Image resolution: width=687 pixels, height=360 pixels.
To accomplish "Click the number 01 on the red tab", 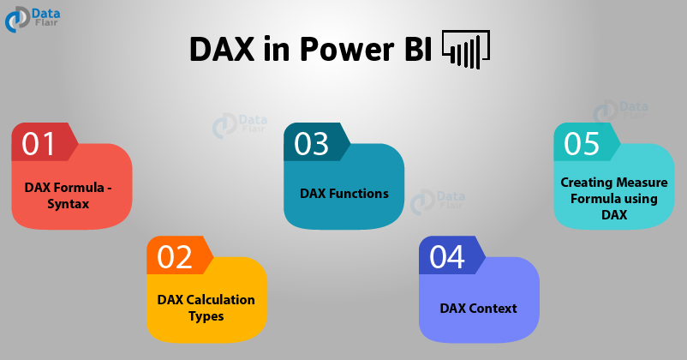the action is click(x=38, y=144).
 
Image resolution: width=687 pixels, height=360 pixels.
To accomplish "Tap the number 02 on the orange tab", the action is click(x=175, y=257).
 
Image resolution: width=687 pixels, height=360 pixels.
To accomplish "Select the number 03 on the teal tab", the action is click(x=311, y=144).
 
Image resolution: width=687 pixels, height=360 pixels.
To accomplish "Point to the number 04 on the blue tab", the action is click(x=446, y=257).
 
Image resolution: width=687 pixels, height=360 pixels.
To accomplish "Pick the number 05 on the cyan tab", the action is click(x=582, y=144).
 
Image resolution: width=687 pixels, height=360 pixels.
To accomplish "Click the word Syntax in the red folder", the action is click(x=69, y=204).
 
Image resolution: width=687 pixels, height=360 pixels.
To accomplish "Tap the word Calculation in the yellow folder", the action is click(x=220, y=299).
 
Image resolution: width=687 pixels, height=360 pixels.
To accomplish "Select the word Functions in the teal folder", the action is click(x=359, y=194).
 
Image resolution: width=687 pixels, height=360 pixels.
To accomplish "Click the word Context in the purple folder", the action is click(x=493, y=309).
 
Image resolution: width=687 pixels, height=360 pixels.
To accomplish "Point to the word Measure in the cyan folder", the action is click(x=642, y=182).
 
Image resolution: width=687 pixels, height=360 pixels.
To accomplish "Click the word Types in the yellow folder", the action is click(x=206, y=316).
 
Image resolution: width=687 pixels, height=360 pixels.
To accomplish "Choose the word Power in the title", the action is click(x=347, y=49).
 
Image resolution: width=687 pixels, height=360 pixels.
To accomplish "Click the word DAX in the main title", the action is click(x=222, y=49).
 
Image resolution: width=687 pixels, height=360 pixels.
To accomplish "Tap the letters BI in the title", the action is click(x=418, y=49).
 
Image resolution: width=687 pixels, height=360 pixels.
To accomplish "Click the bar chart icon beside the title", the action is click(x=466, y=49).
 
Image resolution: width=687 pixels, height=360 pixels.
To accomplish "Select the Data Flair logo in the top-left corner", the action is click(x=33, y=20).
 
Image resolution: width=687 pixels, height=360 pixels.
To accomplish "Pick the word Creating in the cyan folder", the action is click(x=586, y=183).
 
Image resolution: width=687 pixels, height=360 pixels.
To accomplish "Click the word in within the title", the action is click(x=277, y=49).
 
